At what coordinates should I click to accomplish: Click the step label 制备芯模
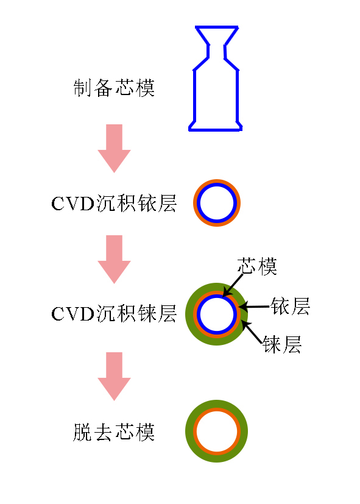(114, 88)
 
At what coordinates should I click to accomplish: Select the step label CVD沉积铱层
(114, 203)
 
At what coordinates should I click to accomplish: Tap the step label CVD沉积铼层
(114, 314)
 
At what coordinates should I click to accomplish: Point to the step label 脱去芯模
(114, 432)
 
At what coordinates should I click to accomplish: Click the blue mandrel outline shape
(194, 96)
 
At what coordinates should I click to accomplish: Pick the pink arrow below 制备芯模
(114, 149)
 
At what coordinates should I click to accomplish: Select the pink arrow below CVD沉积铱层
(114, 260)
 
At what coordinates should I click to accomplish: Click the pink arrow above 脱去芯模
(114, 377)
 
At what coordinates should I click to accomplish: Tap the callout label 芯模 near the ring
(257, 266)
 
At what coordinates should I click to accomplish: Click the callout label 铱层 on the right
(291, 306)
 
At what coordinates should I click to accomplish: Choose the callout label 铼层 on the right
(282, 344)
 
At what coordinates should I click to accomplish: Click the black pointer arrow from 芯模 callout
(233, 285)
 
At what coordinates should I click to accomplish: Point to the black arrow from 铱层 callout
(254, 307)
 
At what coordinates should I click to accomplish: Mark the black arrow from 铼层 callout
(252, 333)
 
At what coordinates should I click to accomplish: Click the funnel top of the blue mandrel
(217, 27)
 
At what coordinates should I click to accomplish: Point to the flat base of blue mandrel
(215, 130)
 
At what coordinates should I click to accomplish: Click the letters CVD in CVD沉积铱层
(72, 204)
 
